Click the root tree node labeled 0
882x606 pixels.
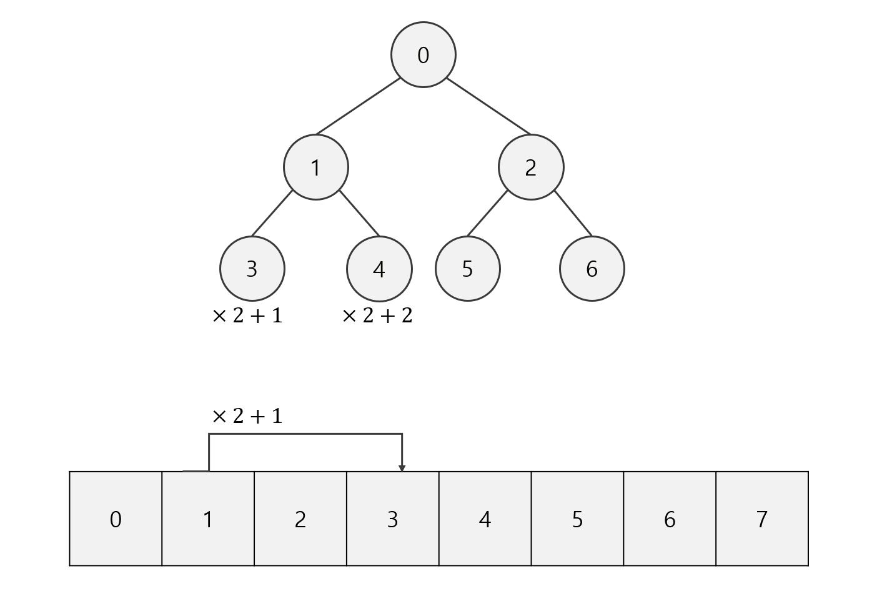(424, 55)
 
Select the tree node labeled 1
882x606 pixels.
(316, 167)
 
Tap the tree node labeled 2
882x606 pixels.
(531, 167)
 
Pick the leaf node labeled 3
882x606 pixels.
(252, 269)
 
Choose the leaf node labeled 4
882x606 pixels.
(379, 269)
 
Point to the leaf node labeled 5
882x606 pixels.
(468, 269)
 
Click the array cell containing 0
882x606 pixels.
(116, 519)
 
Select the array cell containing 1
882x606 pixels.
(208, 519)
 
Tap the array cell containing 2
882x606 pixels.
(300, 519)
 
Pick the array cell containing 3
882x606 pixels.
(393, 519)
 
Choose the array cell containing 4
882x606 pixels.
(485, 519)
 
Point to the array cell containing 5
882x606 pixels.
(578, 519)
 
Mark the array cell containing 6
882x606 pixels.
(670, 519)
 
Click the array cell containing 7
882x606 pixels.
(762, 519)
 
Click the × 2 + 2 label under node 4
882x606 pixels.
(377, 316)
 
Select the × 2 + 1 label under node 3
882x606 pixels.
(247, 316)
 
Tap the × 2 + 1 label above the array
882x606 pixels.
(247, 416)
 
